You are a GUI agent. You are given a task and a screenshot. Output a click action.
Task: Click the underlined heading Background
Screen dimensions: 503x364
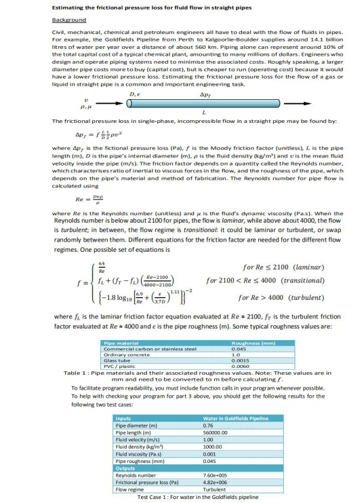tap(68, 21)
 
